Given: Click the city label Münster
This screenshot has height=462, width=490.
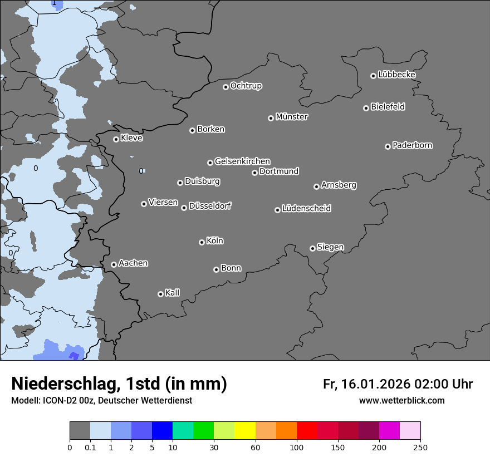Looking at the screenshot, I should tap(292, 117).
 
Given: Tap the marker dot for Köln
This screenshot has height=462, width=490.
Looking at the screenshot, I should tap(202, 242).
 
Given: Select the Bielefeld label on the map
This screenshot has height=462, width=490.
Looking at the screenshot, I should tap(388, 107).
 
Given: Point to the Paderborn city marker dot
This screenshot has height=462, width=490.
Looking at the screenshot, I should tap(388, 146).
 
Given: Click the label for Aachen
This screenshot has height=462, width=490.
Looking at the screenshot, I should tap(133, 263).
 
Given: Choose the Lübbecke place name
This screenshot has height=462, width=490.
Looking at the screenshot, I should tap(396, 75).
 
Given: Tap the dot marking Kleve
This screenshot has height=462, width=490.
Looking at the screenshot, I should tap(116, 139).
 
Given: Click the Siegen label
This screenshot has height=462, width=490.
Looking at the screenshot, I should tap(330, 247).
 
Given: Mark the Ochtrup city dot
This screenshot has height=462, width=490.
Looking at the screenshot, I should tap(226, 87).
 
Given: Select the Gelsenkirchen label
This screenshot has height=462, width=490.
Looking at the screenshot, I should tap(242, 161).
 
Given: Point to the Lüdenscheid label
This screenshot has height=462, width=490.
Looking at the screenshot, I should tap(306, 209).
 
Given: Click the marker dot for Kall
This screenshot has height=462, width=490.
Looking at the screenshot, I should tap(160, 294).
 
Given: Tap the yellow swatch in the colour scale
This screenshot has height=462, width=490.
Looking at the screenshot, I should tap(245, 431).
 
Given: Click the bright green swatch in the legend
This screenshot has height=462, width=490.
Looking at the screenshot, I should tap(204, 431).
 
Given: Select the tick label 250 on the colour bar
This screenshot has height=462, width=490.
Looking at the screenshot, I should tap(420, 447).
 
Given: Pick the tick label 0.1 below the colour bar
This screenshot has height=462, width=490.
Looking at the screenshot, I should tap(90, 447).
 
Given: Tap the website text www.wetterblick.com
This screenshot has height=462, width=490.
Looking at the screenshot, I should tap(401, 401).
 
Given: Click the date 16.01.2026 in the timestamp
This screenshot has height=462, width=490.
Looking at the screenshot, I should tap(375, 384).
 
